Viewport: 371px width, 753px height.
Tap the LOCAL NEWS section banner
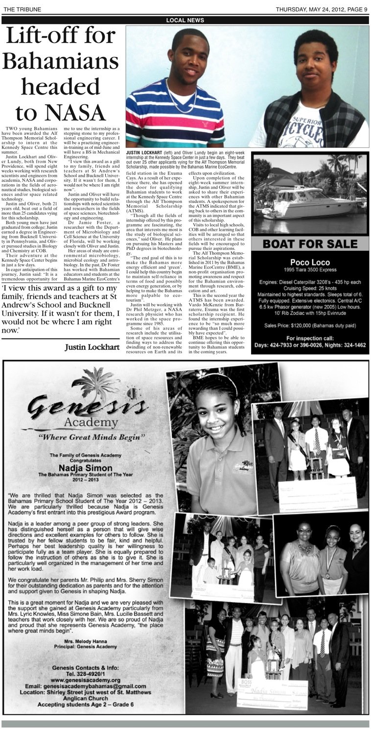coord(185,20)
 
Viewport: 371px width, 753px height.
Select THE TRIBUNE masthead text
coord(22,9)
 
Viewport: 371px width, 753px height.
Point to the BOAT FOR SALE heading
coord(309,244)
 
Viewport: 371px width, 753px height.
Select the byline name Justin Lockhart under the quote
coord(92,347)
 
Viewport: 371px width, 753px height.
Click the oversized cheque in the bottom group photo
coord(273,693)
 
